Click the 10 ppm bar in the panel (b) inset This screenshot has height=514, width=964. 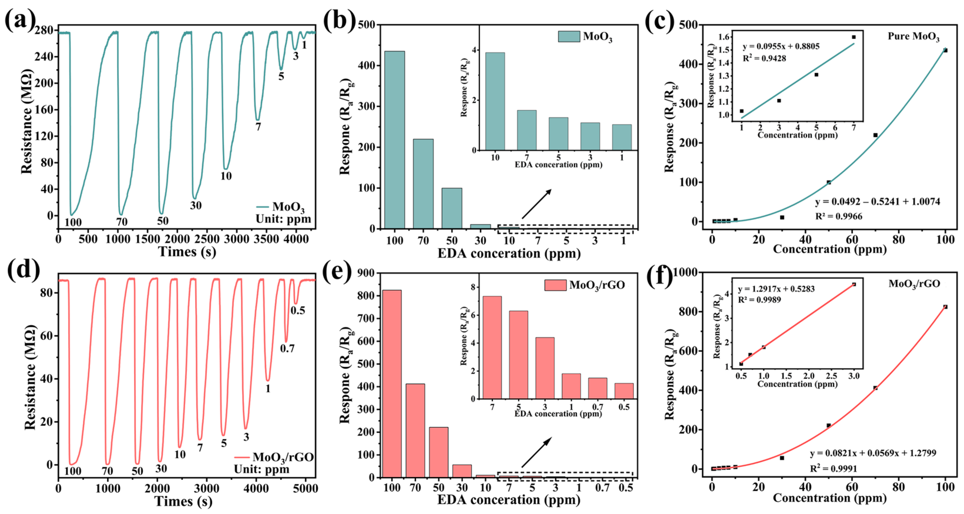(495, 101)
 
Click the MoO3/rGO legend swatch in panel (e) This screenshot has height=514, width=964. (555, 285)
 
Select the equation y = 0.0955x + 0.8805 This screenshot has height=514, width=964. (781, 46)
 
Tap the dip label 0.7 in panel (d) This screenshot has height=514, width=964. (287, 349)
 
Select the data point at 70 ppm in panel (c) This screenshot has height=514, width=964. (875, 135)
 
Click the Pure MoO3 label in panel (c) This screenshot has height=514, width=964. (913, 37)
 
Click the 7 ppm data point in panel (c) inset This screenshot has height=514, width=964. (854, 37)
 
